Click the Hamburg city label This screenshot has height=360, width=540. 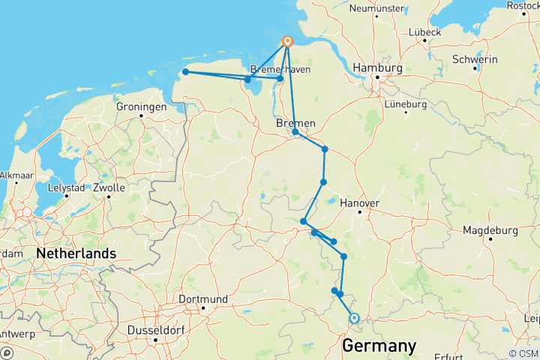(380, 67)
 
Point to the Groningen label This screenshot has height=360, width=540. (141, 107)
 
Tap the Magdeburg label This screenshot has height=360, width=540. (490, 230)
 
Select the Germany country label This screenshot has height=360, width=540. (379, 346)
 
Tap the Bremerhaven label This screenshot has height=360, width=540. (279, 69)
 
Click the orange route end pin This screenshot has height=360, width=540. (287, 42)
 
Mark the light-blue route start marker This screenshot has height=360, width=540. (354, 319)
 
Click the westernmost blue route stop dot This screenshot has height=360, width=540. (185, 72)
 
